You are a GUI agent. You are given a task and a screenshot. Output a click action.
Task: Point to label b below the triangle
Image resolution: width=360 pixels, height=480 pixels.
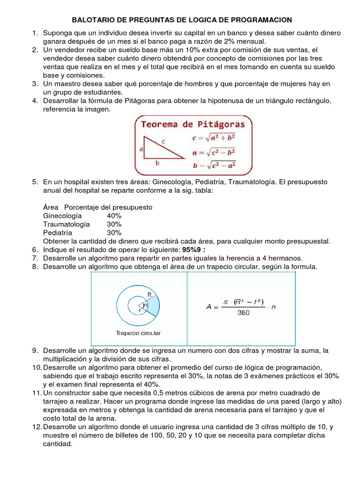(x=157, y=164)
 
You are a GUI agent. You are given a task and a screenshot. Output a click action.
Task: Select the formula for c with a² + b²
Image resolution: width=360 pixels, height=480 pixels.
(x=214, y=138)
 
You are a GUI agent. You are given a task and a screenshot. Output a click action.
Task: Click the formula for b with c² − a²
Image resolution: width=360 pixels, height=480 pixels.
(x=214, y=165)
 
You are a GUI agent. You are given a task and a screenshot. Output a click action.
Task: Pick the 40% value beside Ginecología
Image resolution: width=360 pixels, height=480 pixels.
(x=114, y=216)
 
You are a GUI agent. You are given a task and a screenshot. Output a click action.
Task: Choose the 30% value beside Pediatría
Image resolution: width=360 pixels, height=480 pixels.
(x=114, y=232)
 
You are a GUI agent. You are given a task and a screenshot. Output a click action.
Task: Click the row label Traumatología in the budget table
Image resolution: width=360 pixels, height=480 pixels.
(x=66, y=224)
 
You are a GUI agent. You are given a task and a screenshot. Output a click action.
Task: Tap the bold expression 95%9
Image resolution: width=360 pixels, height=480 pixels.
(x=194, y=249)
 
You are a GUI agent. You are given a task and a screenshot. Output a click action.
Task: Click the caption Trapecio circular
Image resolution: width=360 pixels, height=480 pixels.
(x=138, y=333)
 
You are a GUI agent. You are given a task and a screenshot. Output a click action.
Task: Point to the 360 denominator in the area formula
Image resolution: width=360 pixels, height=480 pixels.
(x=243, y=313)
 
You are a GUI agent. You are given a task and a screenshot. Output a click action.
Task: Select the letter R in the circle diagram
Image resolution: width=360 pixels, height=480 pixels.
(x=150, y=294)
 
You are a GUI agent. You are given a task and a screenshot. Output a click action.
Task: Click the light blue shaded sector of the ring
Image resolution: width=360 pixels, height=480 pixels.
(x=153, y=305)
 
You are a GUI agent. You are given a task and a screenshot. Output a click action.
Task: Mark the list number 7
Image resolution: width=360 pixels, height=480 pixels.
(x=35, y=258)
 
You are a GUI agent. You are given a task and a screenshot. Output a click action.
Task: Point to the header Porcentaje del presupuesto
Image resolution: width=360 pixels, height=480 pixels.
(x=108, y=207)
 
